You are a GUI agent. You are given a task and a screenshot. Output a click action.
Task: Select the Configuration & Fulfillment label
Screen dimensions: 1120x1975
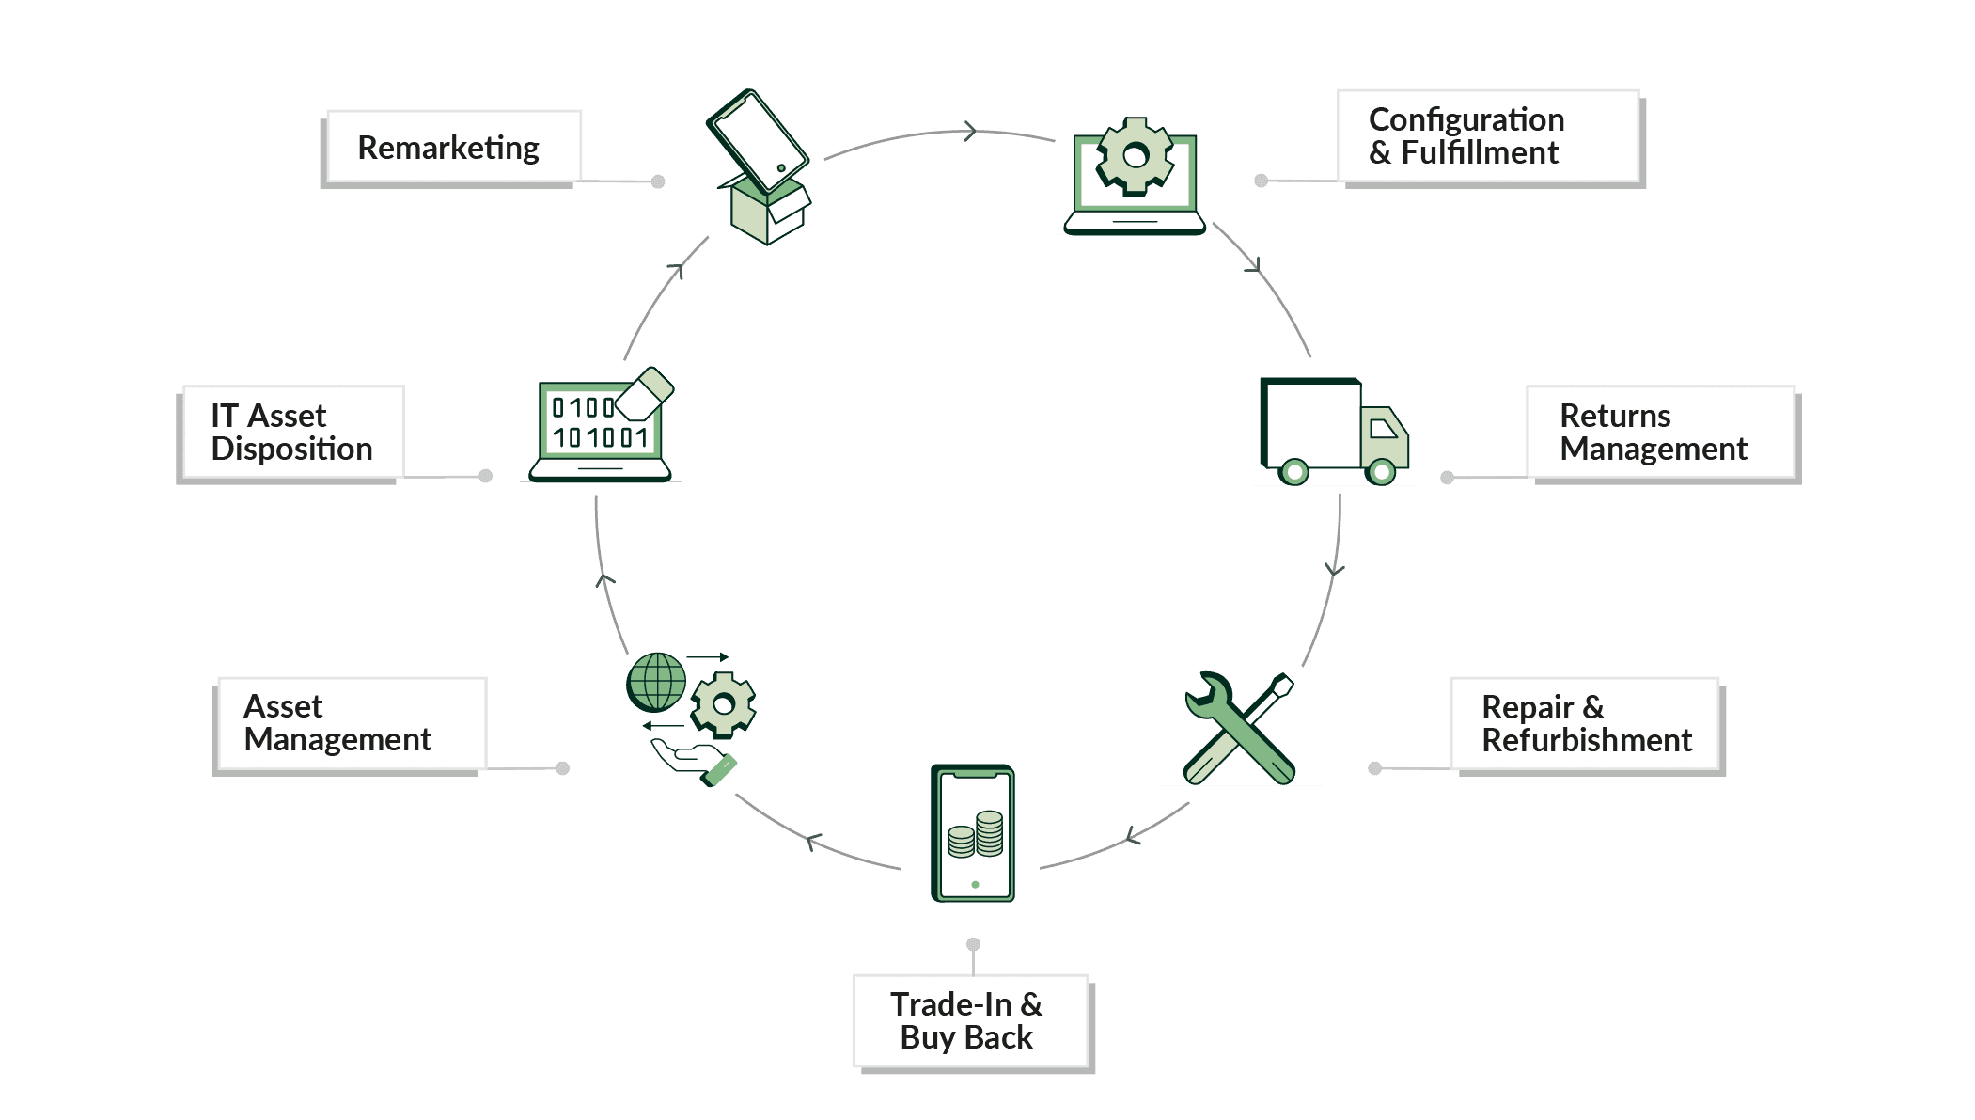(x=1488, y=136)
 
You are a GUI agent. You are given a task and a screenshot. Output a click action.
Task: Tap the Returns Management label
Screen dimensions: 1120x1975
(x=1660, y=433)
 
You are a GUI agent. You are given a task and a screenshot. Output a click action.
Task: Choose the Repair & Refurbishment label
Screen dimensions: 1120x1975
(x=1586, y=724)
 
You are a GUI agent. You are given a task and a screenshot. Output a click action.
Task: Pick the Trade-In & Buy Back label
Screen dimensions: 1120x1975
(x=970, y=1020)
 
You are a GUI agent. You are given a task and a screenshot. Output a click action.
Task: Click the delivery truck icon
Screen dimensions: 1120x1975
(x=1333, y=431)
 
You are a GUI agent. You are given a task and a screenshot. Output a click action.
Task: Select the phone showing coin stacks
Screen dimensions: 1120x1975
(x=973, y=833)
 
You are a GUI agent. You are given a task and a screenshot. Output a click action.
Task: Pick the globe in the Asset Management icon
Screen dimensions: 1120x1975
(x=656, y=682)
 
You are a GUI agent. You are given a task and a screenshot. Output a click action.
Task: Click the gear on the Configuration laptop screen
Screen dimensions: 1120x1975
(x=1136, y=156)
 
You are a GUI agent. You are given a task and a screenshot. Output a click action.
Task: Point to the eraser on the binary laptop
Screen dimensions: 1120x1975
(x=646, y=392)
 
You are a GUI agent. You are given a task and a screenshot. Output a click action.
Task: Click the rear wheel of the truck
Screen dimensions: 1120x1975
(x=1294, y=471)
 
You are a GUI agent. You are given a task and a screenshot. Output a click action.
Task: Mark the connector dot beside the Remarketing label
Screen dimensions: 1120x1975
(x=658, y=181)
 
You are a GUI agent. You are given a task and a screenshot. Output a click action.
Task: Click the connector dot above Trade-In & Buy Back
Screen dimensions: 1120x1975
(x=974, y=944)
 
